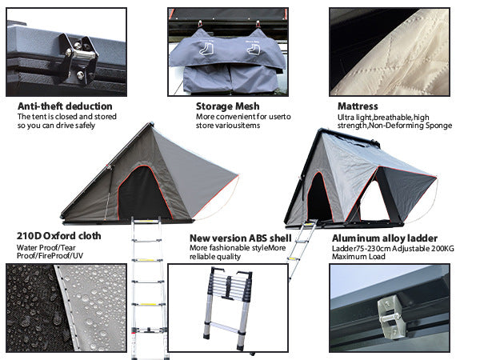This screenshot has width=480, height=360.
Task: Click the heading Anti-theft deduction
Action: [65, 106]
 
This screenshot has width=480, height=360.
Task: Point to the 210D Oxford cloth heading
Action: [58, 237]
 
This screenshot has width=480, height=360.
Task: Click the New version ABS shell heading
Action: [240, 238]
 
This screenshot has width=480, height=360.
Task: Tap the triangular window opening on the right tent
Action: [373, 200]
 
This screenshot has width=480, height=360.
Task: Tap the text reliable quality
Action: [215, 257]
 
